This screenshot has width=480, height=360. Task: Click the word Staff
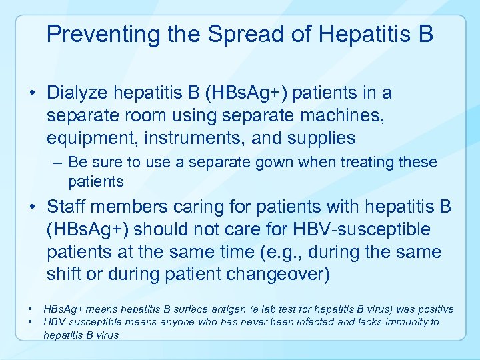pos(68,207)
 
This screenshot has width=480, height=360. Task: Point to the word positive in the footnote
pos(433,309)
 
